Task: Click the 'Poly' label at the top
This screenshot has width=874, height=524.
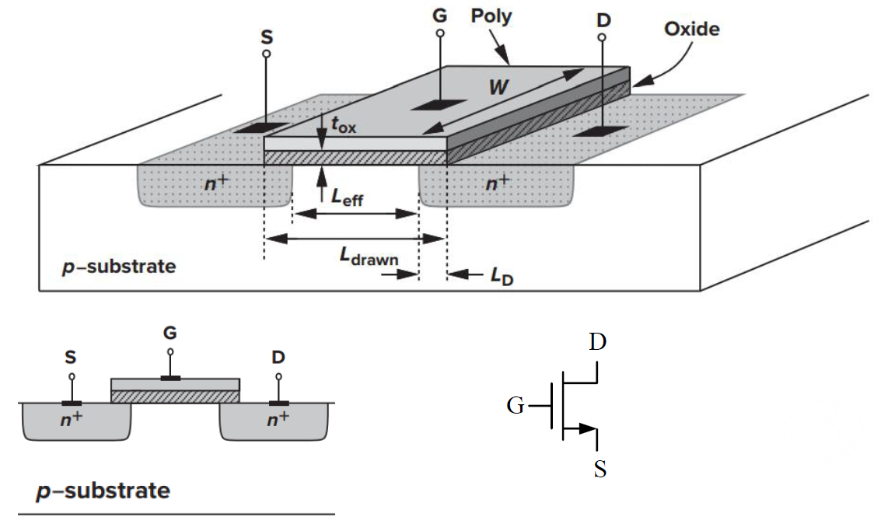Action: point(491,16)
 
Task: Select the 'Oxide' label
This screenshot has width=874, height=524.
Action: point(691,30)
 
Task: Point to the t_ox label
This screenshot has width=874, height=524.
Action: point(344,124)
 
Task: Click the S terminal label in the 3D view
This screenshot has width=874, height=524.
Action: point(267,37)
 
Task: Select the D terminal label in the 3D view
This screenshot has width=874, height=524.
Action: point(603,20)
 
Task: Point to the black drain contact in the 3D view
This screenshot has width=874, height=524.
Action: point(601,131)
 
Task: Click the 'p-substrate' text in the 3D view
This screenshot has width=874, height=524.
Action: point(118,267)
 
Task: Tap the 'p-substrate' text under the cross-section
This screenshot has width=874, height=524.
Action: point(103,491)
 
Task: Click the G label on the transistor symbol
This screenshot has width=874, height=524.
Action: point(515,405)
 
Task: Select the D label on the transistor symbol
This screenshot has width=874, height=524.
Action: point(597,342)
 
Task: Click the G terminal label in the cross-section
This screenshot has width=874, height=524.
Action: point(170,333)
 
